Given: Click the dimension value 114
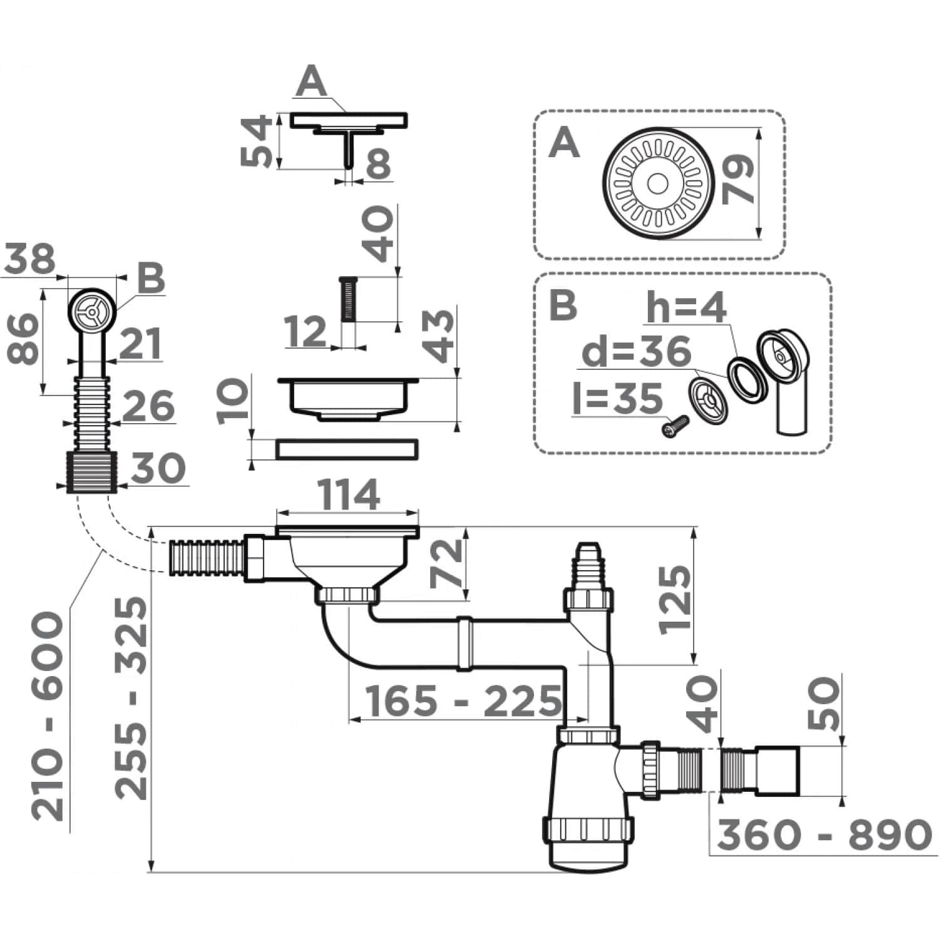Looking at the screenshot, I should [349, 496].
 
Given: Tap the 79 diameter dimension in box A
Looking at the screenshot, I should [738, 180].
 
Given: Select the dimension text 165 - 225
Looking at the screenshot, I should [463, 701].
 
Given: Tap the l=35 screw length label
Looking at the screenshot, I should [617, 399].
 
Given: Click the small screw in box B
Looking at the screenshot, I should [675, 428].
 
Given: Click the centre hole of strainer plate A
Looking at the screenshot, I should [657, 183].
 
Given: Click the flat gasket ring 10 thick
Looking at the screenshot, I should [347, 449].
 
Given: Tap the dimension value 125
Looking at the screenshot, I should [676, 600].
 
